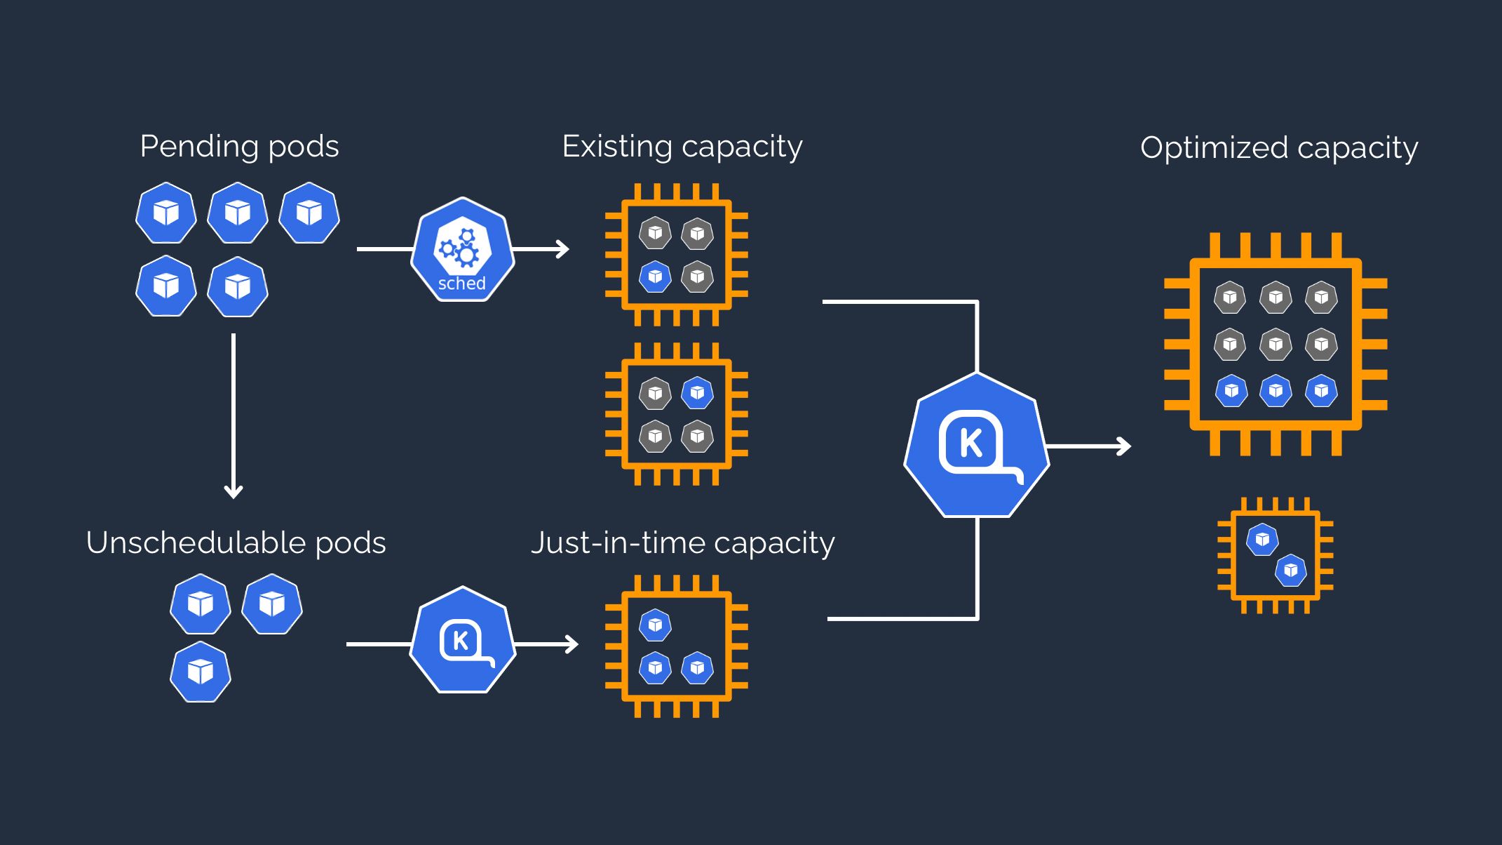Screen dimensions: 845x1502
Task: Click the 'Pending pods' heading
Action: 239,147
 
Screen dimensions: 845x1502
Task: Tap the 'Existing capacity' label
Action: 682,147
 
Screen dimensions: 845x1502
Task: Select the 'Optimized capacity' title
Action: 1278,148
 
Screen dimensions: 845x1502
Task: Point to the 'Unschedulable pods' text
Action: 236,543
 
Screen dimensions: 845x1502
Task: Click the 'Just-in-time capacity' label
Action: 682,543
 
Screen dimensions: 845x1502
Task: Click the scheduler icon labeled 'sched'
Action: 462,250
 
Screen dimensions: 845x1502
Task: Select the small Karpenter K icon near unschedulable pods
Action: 463,641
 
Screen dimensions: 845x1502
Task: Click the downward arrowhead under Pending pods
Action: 234,491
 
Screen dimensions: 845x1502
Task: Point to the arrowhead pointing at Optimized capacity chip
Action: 1125,446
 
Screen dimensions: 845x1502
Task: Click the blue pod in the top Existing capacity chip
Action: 655,277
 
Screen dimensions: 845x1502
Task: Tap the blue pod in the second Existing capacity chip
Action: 697,393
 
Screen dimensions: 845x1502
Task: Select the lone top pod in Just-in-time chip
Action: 655,625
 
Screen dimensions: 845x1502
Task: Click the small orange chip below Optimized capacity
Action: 1276,555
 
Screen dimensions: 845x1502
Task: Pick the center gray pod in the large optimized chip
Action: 1276,345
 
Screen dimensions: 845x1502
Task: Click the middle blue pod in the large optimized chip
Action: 1276,391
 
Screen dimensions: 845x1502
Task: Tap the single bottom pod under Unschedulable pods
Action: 201,672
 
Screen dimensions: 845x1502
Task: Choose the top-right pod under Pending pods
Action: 309,213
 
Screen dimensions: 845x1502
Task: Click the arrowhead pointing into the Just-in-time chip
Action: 572,644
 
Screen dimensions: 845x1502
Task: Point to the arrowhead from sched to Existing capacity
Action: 563,248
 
